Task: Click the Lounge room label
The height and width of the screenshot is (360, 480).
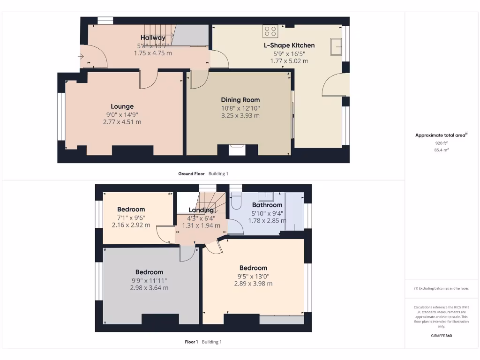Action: pyautogui.click(x=122, y=106)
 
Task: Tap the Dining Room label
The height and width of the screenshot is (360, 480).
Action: pyautogui.click(x=240, y=100)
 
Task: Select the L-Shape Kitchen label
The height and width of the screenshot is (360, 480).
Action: pyautogui.click(x=289, y=45)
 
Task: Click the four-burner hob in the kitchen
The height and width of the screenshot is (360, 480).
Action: pyautogui.click(x=270, y=31)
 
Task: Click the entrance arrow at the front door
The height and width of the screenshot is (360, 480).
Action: pyautogui.click(x=81, y=57)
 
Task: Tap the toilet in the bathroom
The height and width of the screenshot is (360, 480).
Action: pyautogui.click(x=235, y=200)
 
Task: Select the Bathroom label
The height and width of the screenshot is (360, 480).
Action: pyautogui.click(x=267, y=205)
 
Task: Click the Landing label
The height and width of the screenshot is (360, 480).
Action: pyautogui.click(x=201, y=210)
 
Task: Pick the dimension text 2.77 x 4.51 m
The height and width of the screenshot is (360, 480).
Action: pyautogui.click(x=122, y=122)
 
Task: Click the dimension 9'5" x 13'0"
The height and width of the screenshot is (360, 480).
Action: pyautogui.click(x=253, y=276)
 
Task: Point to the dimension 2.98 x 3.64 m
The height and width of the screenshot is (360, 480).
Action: pyautogui.click(x=149, y=288)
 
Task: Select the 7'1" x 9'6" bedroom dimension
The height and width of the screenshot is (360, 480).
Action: pyautogui.click(x=131, y=217)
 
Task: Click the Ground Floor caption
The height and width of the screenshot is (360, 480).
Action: pyautogui.click(x=191, y=174)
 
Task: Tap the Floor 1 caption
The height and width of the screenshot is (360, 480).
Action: pyautogui.click(x=191, y=342)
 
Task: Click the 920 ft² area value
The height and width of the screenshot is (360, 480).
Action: pyautogui.click(x=441, y=143)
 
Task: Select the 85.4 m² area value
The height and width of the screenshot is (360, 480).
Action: pyautogui.click(x=441, y=150)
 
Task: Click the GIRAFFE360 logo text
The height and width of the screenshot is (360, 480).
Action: pyautogui.click(x=441, y=336)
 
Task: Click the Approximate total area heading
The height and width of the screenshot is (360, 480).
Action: pyautogui.click(x=441, y=135)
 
